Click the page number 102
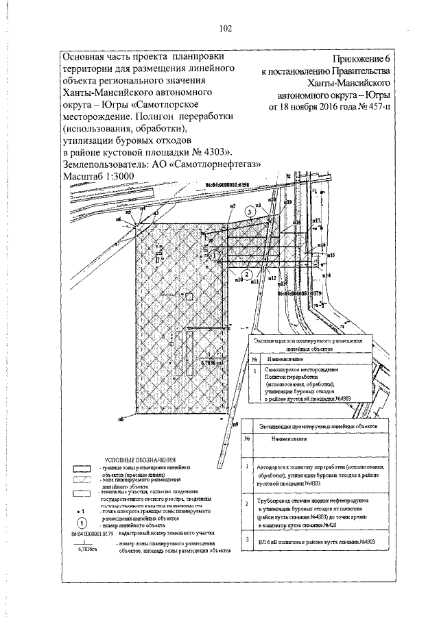point(226,28)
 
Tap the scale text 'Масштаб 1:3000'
point(97,177)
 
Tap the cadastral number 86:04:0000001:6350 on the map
point(228,185)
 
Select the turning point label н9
point(235,425)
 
